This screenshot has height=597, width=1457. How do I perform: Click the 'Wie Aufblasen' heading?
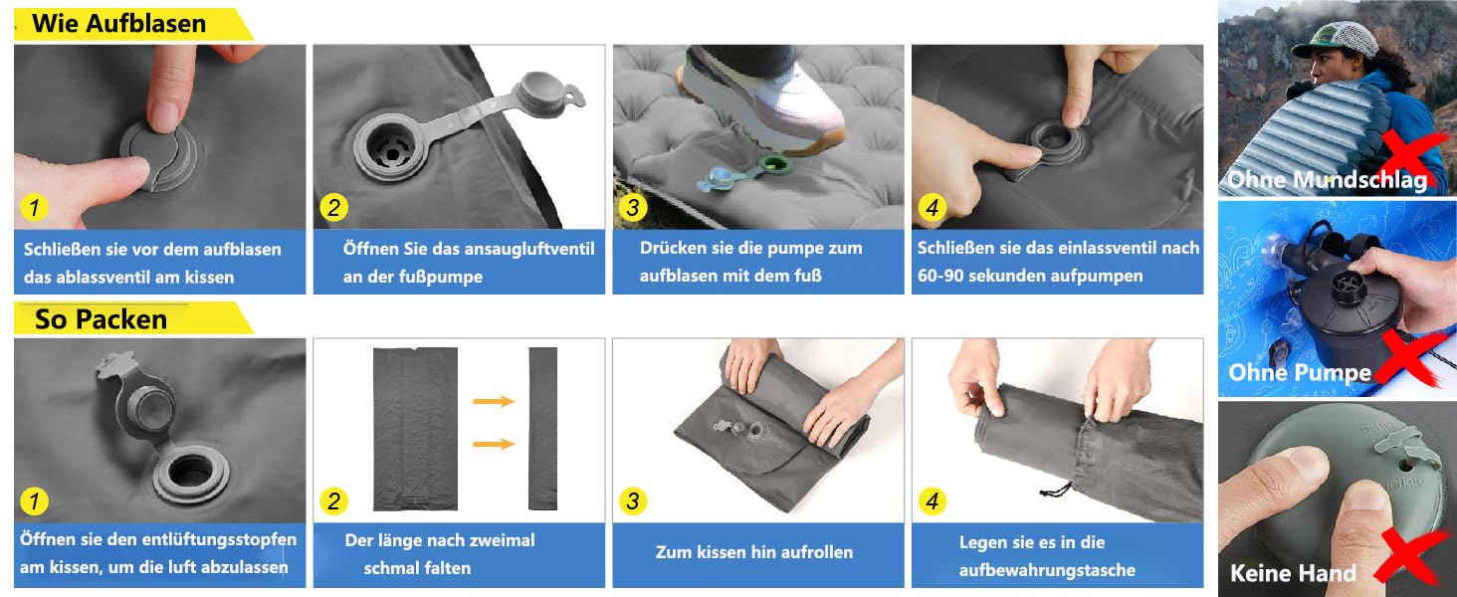point(119,24)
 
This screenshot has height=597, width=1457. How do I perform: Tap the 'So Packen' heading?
point(101,319)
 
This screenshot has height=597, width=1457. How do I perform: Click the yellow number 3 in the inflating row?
point(632,207)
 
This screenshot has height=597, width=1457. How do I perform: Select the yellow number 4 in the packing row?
point(932,501)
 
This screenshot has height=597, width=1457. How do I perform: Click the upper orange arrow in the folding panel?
point(494,401)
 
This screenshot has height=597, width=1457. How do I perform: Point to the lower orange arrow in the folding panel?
point(494,444)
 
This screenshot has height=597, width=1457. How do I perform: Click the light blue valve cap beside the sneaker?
point(722,178)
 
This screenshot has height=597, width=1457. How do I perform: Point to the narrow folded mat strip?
point(542,429)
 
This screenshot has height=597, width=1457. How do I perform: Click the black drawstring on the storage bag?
point(1056,489)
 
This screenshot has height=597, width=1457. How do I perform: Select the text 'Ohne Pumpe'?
point(1300,373)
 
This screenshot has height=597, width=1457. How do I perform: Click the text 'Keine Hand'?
point(1293,573)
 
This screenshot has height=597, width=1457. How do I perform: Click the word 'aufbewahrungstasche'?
point(1047,570)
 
